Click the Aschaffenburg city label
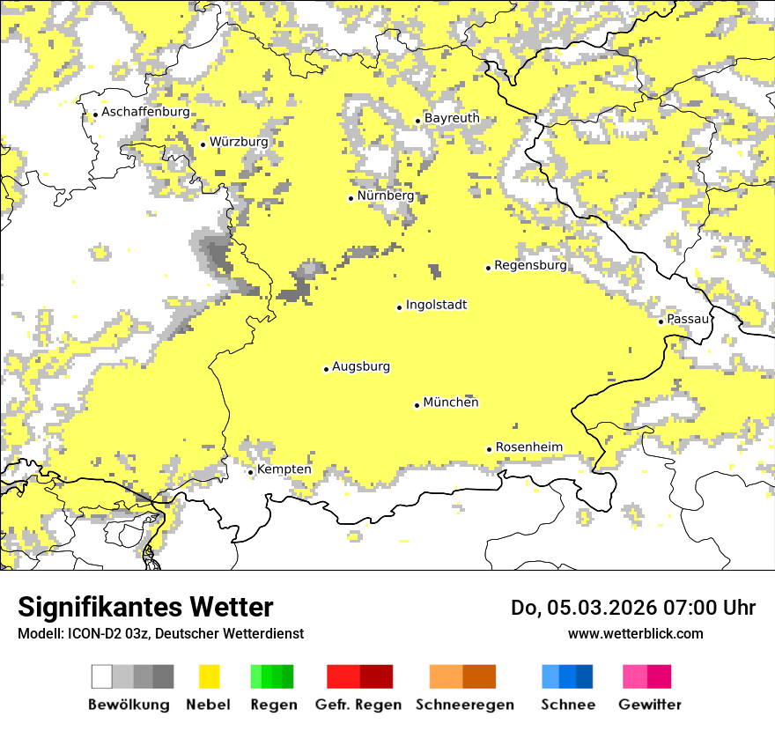coord(145,112)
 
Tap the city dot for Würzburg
coord(203,144)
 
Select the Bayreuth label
coord(452,118)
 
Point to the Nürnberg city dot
coord(351,198)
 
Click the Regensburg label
coord(530,265)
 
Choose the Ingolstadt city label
coord(436,305)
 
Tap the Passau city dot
coord(661,321)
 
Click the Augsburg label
coord(360,366)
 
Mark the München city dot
coord(417,405)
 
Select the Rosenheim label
coord(528,447)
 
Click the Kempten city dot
coord(250,472)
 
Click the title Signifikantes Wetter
coord(145,608)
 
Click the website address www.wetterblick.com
coord(635,633)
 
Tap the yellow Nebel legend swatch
coord(209,676)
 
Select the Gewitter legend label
coord(649,705)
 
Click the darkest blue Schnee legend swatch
coord(585,676)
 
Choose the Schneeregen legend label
coord(464,705)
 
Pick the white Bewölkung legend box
coord(102,676)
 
